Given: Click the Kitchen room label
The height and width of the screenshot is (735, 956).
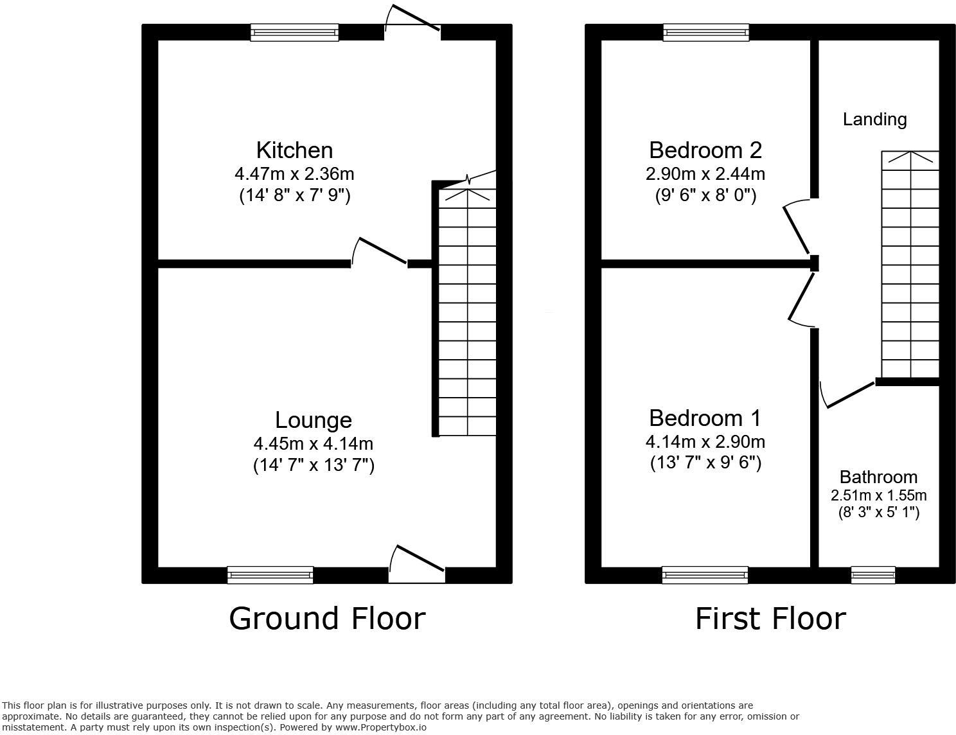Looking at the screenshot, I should (294, 150).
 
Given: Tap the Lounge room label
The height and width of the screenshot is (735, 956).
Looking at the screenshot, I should (314, 420).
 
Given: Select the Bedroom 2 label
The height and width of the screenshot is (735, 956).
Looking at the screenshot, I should (705, 150).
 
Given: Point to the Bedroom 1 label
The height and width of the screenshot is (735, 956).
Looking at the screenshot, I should (705, 418).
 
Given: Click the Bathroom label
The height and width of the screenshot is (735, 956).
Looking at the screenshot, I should (878, 477).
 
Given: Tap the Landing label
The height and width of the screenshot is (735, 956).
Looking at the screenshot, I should (874, 120).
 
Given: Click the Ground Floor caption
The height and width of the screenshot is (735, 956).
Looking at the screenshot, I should (327, 619).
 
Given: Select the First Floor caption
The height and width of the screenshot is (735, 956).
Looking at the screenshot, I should (770, 619).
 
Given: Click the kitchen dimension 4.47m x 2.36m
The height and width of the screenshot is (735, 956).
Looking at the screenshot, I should (294, 174).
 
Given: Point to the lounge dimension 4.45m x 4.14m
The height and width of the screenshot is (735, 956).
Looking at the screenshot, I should (314, 444).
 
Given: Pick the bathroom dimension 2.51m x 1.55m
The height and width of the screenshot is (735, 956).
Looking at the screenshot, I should (878, 495).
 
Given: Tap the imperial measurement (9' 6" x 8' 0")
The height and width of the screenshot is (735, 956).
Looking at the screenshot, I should (705, 195).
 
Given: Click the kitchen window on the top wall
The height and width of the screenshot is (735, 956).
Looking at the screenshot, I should (294, 32).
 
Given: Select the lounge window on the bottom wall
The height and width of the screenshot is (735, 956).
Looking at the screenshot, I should (270, 575).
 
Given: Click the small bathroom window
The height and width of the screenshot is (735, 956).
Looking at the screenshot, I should (872, 575).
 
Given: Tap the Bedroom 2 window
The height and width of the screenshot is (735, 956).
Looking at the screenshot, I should (705, 32).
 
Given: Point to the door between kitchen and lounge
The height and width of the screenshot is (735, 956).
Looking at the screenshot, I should (380, 252).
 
